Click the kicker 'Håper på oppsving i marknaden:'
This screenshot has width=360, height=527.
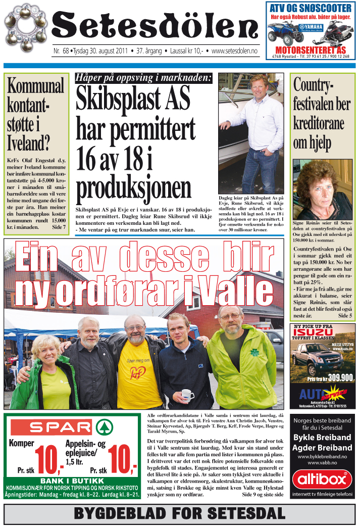143,78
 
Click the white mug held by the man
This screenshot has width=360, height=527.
187,394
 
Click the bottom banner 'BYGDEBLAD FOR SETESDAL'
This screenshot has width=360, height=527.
179,513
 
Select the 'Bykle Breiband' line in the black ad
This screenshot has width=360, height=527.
323,437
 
